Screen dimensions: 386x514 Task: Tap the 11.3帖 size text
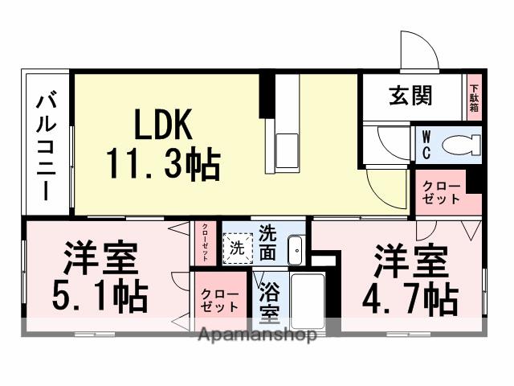point(164,165)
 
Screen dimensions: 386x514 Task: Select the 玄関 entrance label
point(411,96)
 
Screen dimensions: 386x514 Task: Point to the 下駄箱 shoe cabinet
point(474,97)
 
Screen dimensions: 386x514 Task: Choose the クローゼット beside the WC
point(441,193)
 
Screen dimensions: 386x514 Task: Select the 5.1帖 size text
point(100,297)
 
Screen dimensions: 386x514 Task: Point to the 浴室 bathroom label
point(268,300)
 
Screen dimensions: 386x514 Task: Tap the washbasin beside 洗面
point(295,250)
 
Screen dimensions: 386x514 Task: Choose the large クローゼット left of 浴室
point(218,299)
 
